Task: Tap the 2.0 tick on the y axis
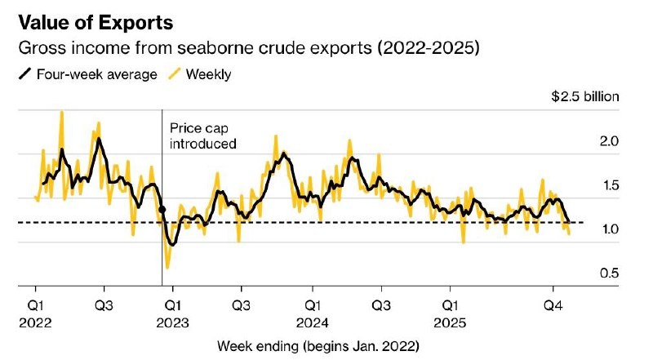pos(609,141)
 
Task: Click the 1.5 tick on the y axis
pos(609,185)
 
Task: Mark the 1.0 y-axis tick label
pos(609,229)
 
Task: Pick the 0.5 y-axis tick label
pos(609,273)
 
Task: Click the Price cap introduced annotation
pos(202,136)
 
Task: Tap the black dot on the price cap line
pos(162,210)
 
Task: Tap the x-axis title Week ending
pos(318,346)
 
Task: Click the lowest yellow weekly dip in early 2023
pos(167,267)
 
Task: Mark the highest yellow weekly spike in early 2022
pos(62,113)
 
